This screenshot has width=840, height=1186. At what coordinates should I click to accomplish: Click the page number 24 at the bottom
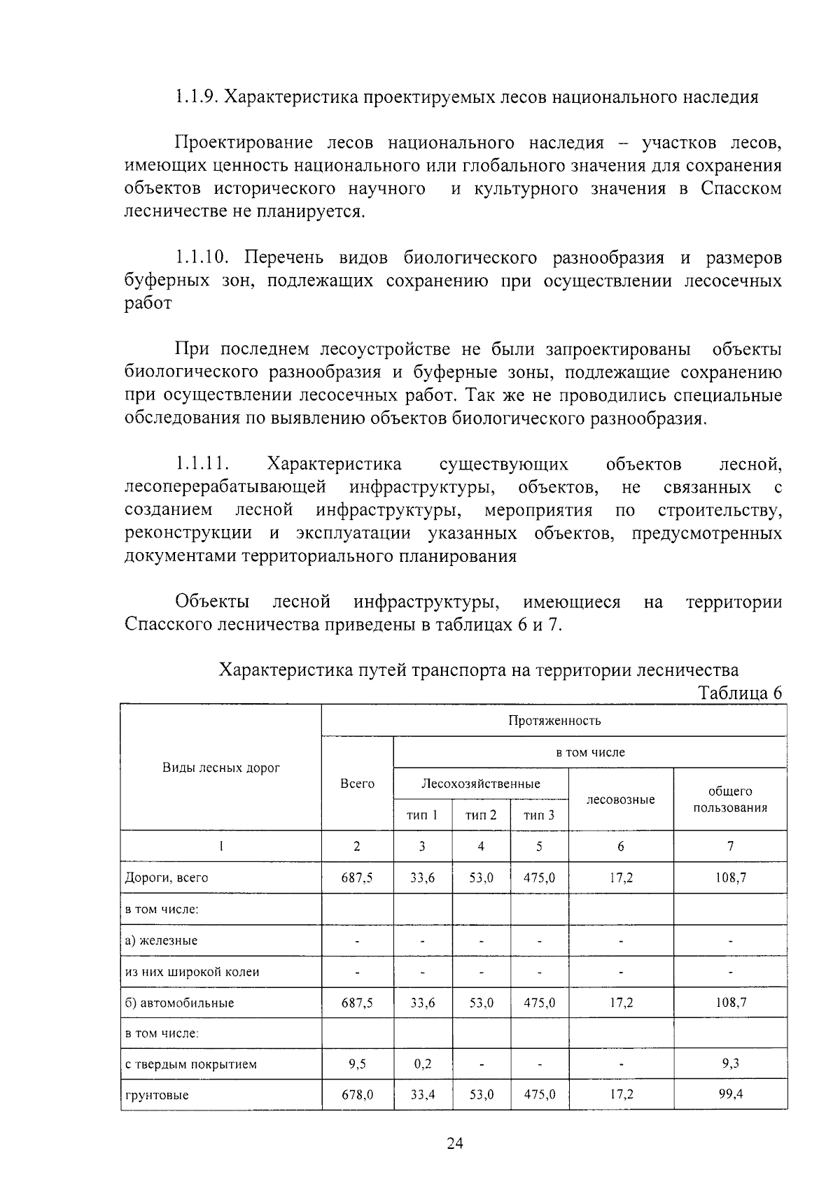coord(455,1143)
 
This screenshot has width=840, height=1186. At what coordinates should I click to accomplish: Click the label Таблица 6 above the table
coord(740,693)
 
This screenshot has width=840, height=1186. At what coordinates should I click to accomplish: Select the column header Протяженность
coord(554,721)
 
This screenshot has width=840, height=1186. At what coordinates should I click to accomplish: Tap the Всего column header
coord(357,784)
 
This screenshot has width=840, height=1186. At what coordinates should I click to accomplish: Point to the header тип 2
coord(481,815)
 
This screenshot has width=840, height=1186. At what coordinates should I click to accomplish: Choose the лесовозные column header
coord(620,799)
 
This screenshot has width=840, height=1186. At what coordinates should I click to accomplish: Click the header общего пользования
coord(730,799)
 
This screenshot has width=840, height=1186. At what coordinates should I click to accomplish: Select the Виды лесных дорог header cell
coord(221,768)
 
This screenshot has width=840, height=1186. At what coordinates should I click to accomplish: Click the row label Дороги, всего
coord(167,877)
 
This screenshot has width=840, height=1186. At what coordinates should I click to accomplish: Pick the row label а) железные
coord(161,940)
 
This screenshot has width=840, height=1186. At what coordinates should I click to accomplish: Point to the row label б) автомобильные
coord(179,1003)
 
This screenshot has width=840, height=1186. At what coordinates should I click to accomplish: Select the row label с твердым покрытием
coord(190,1064)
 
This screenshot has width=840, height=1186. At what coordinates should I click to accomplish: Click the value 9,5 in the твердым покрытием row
coord(357,1064)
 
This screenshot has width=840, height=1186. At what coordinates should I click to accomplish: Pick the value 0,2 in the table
coord(422,1064)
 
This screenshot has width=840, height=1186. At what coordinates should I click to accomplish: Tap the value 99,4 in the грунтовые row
coord(730,1094)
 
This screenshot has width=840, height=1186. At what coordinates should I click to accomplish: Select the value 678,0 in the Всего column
coord(357,1095)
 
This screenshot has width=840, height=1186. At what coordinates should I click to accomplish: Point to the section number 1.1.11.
coord(203,464)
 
